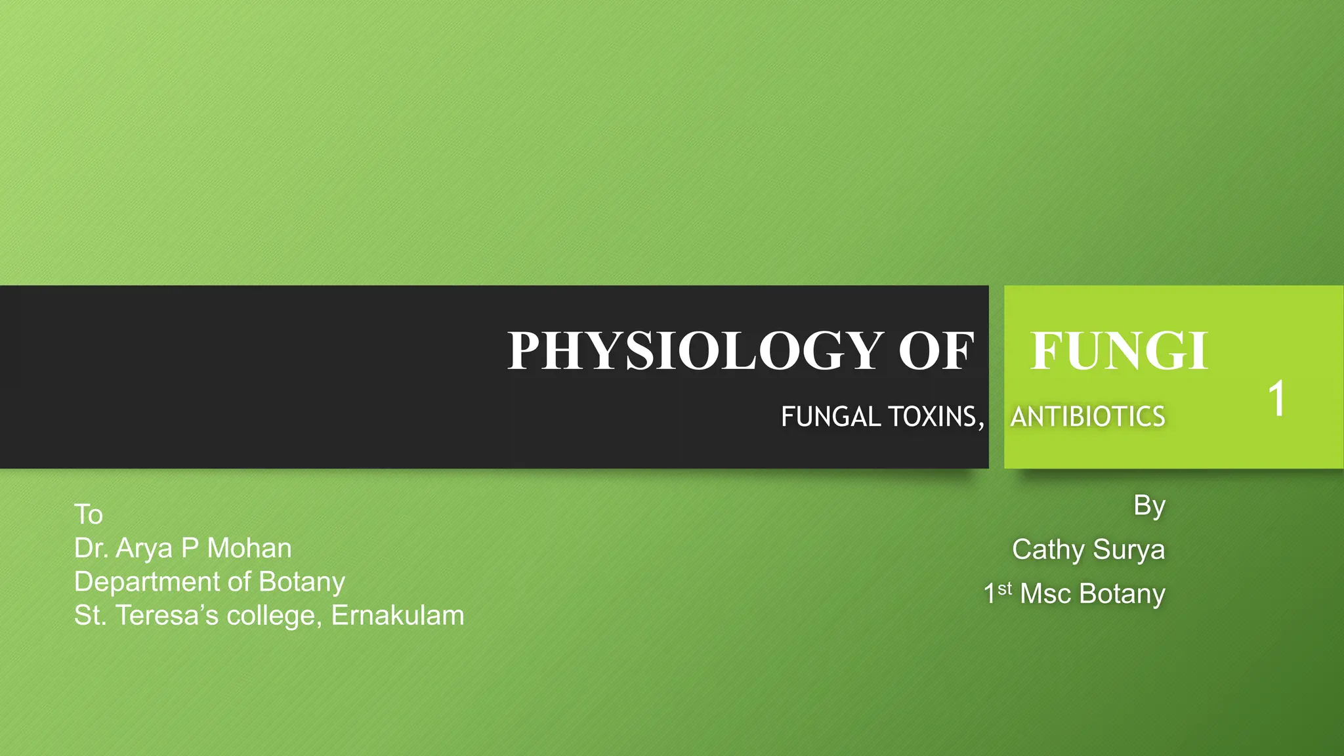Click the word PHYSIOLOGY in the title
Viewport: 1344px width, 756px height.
[x=695, y=351]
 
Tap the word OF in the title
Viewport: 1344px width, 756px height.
[x=936, y=351]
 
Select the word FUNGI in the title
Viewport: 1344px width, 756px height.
[x=1119, y=351]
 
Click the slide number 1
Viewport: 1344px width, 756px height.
[x=1276, y=398]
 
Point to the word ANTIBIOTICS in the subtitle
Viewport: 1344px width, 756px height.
[x=1087, y=417]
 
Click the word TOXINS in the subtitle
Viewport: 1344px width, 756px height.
[x=936, y=417]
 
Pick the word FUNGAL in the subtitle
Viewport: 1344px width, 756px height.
[x=831, y=417]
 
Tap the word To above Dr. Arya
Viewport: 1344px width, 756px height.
[x=89, y=514]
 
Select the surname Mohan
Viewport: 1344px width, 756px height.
[x=249, y=549]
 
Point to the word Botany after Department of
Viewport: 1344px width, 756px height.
[x=302, y=582]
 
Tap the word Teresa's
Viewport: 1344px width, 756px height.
[x=167, y=616]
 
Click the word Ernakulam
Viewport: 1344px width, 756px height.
[x=398, y=616]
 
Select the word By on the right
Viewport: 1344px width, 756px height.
[x=1149, y=506]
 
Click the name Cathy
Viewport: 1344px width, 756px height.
[x=1047, y=550]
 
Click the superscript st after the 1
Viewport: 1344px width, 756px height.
[x=1005, y=589]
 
